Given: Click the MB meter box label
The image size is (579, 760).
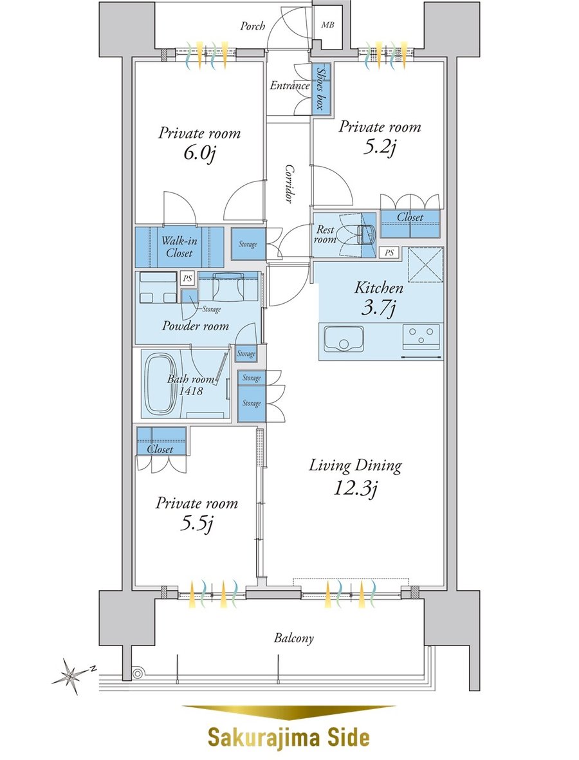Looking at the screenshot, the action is click(x=327, y=24).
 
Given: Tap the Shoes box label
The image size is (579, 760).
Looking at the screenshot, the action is click(x=320, y=88).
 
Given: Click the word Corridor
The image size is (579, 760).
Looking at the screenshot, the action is click(x=289, y=183).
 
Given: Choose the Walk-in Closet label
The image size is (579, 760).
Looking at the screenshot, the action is click(x=179, y=246).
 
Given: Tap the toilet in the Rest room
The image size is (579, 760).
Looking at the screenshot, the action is click(x=364, y=234).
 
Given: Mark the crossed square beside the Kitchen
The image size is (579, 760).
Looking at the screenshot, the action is click(x=425, y=264).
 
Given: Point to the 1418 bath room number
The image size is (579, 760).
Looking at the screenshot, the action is click(x=190, y=390).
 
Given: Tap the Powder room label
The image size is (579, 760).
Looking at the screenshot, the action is click(x=196, y=326).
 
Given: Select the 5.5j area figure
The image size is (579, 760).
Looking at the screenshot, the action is click(x=197, y=523).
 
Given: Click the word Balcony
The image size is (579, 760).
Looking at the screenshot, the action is click(x=293, y=638).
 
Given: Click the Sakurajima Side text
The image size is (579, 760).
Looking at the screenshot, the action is click(x=289, y=737).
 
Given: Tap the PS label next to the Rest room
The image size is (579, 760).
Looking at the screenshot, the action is click(x=389, y=252).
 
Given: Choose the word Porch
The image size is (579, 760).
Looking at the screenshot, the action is click(x=252, y=26).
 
